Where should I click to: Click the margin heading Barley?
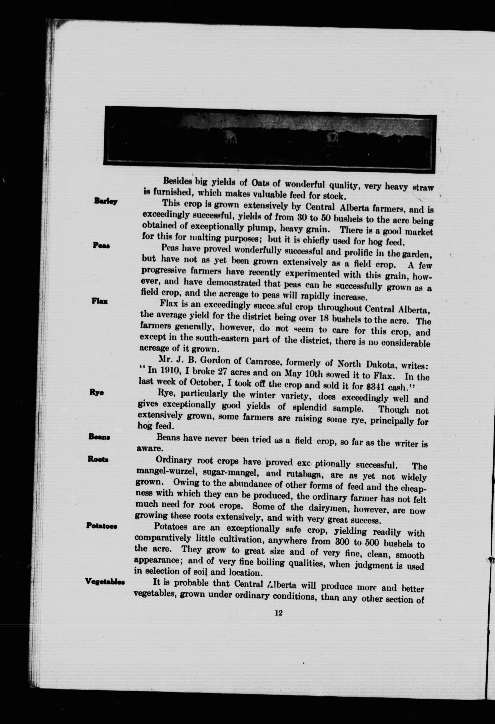[x=106, y=201]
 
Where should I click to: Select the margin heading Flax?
[x=100, y=301]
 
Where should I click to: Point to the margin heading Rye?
[x=97, y=393]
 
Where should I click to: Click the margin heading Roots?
[x=98, y=459]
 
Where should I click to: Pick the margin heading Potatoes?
[x=102, y=526]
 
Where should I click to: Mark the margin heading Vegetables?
[x=105, y=582]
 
